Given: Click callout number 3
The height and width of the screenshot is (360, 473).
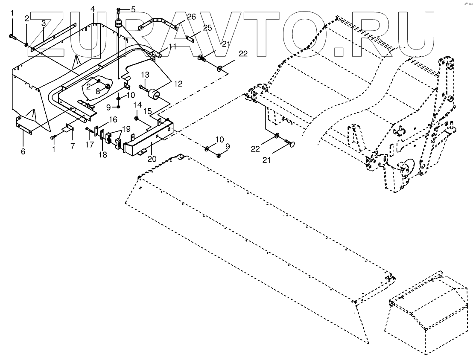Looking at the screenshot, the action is (x=43, y=23).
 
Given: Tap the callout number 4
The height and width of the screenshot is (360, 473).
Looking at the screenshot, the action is (x=93, y=9).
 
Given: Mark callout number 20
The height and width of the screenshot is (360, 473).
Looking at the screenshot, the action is (x=152, y=159).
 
